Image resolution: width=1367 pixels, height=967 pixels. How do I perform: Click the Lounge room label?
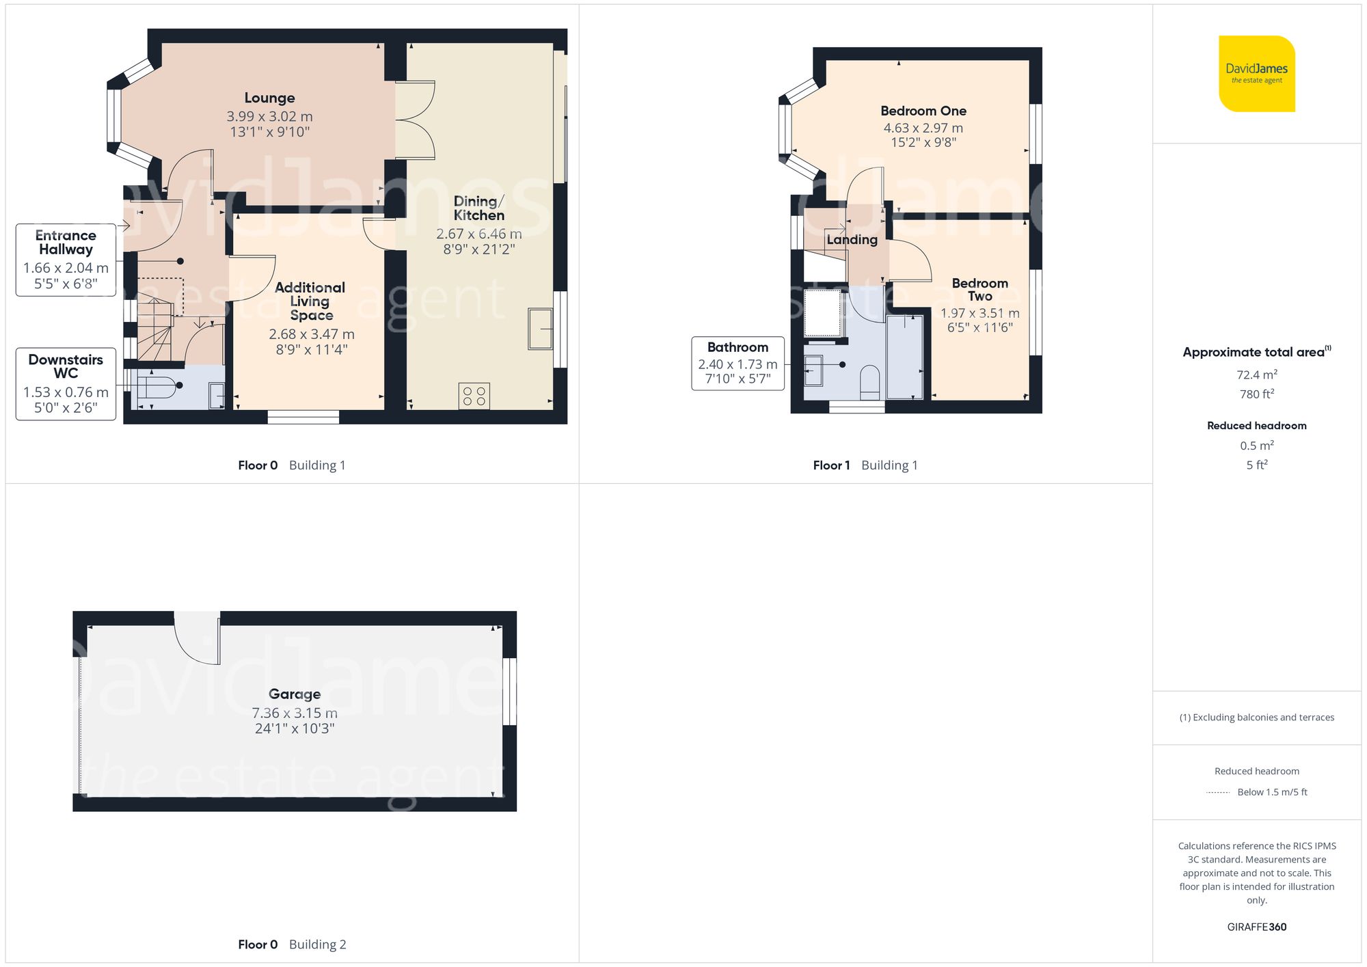tap(269, 98)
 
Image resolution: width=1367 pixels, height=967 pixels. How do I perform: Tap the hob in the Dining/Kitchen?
tap(474, 396)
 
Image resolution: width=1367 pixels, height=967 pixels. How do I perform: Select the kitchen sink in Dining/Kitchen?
tap(540, 329)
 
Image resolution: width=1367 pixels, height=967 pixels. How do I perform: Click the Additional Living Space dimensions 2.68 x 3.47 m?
tap(311, 334)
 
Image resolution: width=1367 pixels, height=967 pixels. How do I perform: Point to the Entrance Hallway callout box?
tap(66, 260)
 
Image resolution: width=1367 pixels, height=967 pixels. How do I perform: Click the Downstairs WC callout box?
tap(66, 383)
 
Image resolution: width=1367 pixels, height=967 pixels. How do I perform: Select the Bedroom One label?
tap(923, 111)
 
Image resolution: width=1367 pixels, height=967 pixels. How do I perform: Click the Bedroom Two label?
tap(979, 290)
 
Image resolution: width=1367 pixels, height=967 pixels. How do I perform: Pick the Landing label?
tap(852, 240)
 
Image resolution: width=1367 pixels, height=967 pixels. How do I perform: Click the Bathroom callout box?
tap(737, 363)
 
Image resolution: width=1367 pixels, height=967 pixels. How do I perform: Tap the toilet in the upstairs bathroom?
tap(869, 383)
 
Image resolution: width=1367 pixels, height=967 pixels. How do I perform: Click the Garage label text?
tap(295, 694)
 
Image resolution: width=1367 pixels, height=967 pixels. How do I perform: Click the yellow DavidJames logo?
tap(1256, 74)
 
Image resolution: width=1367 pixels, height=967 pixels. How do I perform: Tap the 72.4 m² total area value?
tap(1256, 374)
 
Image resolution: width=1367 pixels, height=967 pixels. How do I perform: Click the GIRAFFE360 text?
tap(1256, 927)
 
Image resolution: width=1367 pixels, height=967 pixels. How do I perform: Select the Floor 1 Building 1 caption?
tap(865, 465)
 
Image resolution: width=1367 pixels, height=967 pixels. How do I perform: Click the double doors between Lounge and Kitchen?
tap(416, 120)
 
